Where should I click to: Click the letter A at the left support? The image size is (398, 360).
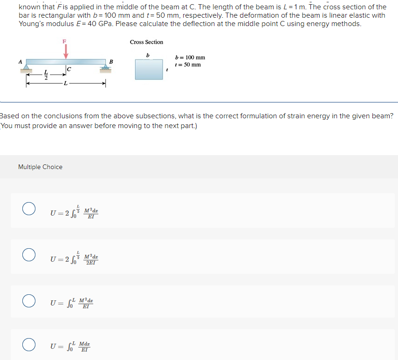pyautogui.click(x=20, y=61)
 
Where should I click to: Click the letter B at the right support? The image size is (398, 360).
pyautogui.click(x=111, y=61)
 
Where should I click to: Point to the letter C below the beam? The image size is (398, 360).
pyautogui.click(x=69, y=70)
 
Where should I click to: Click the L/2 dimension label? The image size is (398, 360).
pyautogui.click(x=46, y=75)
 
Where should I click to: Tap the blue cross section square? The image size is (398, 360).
pyautogui.click(x=149, y=69)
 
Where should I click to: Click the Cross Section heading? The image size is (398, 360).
pyautogui.click(x=146, y=42)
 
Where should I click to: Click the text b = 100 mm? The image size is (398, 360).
pyautogui.click(x=190, y=57)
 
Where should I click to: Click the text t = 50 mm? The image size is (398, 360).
pyautogui.click(x=188, y=64)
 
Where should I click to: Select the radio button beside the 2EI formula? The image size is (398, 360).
pyautogui.click(x=29, y=255)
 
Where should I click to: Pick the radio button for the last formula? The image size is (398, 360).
pyautogui.click(x=29, y=345)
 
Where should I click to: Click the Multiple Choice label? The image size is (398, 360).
pyautogui.click(x=40, y=167)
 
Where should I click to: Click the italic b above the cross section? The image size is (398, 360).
pyautogui.click(x=148, y=55)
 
